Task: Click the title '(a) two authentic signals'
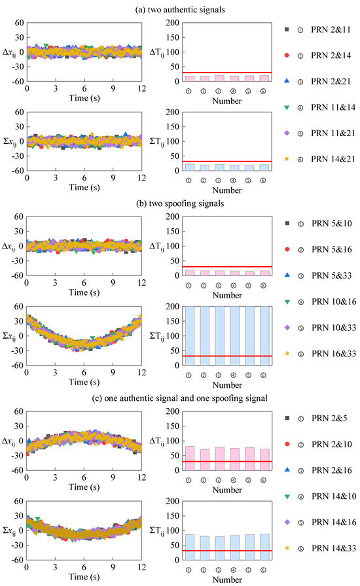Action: click(x=179, y=9)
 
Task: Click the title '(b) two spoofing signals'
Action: click(x=179, y=203)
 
